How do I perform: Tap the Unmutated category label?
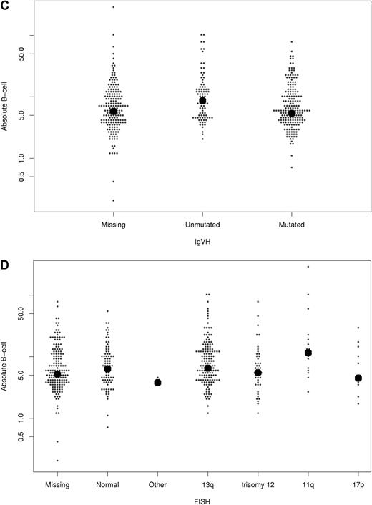tap(202, 225)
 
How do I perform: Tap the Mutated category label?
tap(292, 225)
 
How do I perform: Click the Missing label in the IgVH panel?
tap(113, 225)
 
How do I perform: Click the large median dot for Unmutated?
tap(202, 101)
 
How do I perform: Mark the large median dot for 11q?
tap(308, 353)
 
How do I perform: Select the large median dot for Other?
tap(158, 383)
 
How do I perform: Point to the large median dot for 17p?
tap(358, 378)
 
